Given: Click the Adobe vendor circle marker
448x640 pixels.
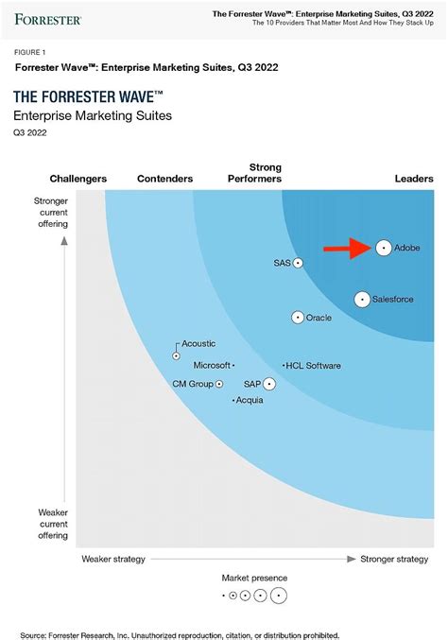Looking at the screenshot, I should (x=384, y=248).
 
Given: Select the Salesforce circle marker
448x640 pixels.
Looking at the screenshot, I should (x=362, y=299).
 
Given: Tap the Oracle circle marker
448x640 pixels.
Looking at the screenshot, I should (x=299, y=318).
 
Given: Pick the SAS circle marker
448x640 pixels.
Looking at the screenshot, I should (x=298, y=263).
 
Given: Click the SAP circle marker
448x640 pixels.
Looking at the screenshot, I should (x=269, y=384).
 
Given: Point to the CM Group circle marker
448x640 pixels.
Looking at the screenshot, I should (x=219, y=384).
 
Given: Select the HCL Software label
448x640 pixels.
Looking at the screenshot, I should (x=314, y=366).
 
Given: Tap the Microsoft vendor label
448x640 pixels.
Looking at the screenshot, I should (x=212, y=365).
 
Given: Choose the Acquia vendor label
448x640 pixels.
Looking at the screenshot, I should (x=250, y=401).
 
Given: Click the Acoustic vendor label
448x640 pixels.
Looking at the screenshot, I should (x=198, y=343).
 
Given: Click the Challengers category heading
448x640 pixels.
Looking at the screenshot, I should (x=78, y=179).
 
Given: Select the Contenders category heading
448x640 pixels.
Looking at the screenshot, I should (x=164, y=179).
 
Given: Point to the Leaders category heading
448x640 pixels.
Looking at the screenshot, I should (x=414, y=179).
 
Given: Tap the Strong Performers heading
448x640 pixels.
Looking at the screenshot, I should (x=255, y=173).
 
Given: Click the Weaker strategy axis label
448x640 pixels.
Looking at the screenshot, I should (x=113, y=559).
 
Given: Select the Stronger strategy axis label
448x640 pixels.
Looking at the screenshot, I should (x=394, y=559).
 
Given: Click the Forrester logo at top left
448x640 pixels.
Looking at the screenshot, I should (x=47, y=18).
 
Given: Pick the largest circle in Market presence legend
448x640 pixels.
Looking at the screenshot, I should (x=278, y=596).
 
